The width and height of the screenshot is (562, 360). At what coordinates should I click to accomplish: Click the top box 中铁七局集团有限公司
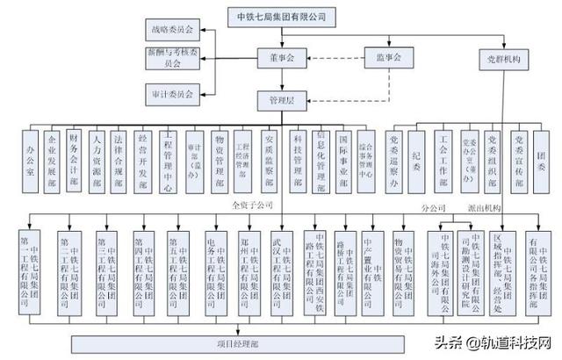281,16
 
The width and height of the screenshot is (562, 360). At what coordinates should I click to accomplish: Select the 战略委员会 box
173,31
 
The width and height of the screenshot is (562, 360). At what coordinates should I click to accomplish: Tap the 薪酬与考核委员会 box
173,58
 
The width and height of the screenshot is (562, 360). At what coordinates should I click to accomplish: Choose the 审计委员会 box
173,90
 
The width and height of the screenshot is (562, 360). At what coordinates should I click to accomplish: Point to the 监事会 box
384,58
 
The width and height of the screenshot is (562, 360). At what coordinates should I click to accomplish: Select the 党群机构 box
504,61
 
